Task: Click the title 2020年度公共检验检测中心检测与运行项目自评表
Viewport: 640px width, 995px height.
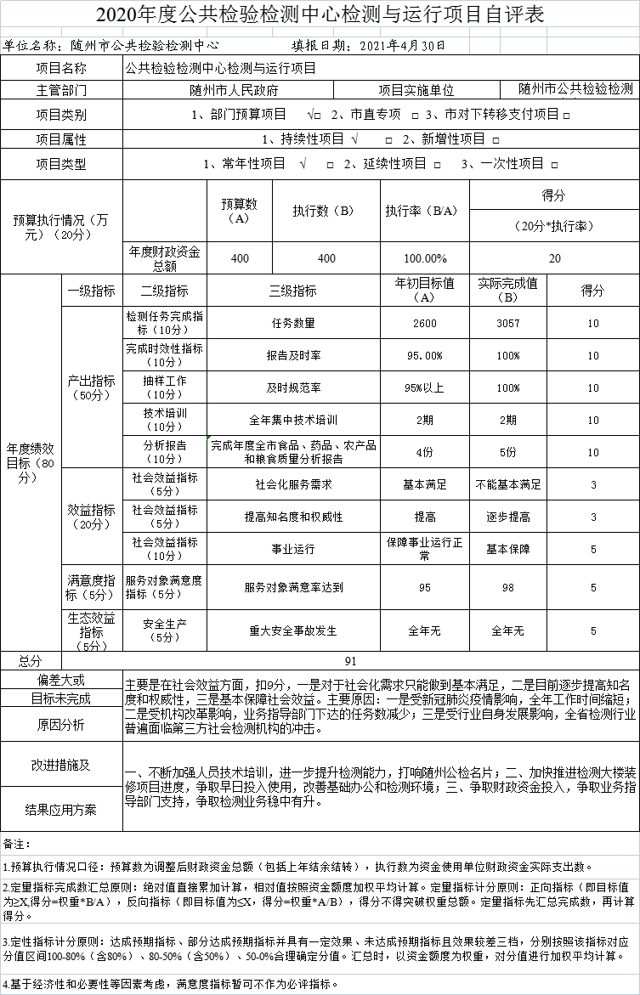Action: coord(319,14)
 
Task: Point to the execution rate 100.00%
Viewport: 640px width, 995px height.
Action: coord(425,258)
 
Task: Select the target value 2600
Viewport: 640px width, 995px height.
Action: coord(425,324)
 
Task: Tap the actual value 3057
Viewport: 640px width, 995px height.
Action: coord(508,324)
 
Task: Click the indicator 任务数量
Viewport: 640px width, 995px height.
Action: coord(293,324)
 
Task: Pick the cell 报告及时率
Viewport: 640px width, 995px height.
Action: coord(293,356)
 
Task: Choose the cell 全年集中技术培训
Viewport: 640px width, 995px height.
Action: coord(293,420)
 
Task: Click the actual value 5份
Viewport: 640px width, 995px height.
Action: coord(508,452)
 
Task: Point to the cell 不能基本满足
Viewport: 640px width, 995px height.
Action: coord(508,484)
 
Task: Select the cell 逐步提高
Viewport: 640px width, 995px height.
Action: coord(508,517)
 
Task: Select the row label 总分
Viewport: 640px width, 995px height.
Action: coord(31,660)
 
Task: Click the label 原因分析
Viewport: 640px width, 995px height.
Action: coord(61,725)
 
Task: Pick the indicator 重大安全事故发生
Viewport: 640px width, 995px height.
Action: coord(293,631)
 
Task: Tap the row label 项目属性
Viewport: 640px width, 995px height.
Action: coord(61,139)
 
